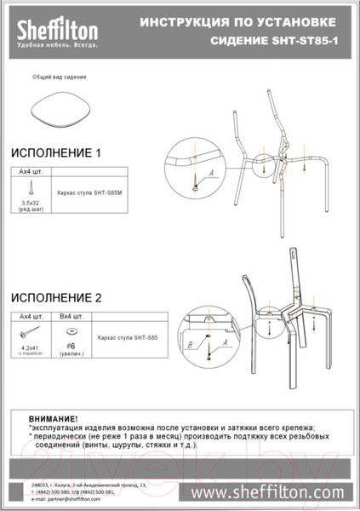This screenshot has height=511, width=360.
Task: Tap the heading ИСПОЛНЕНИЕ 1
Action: (x=56, y=153)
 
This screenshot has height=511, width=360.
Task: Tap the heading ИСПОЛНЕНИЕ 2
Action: (x=56, y=298)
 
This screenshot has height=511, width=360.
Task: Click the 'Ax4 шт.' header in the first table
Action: (x=31, y=172)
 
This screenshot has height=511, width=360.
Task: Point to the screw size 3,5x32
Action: (x=31, y=203)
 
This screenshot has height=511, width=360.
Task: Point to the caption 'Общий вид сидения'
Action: (x=60, y=77)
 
